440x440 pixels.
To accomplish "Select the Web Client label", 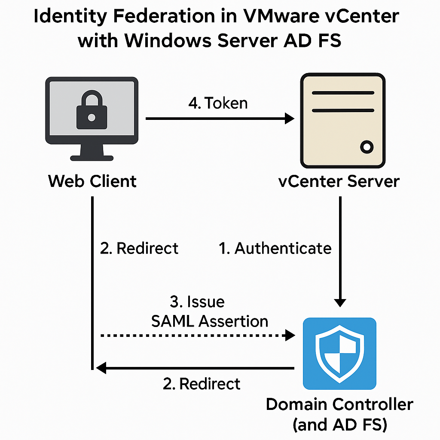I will [x=92, y=181].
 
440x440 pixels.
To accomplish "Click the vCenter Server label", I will [x=339, y=181].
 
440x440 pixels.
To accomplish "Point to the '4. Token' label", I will [x=218, y=103].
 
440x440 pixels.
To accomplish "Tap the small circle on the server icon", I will [x=366, y=147].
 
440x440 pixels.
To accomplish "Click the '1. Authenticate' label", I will [x=275, y=248].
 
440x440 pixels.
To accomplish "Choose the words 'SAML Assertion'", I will [x=210, y=321].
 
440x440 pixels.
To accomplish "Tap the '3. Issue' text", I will [x=197, y=302].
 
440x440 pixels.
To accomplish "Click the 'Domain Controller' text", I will [x=339, y=404].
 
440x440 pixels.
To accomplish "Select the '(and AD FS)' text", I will [x=339, y=425].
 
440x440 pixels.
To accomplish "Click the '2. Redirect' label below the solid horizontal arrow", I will [x=202, y=383].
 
